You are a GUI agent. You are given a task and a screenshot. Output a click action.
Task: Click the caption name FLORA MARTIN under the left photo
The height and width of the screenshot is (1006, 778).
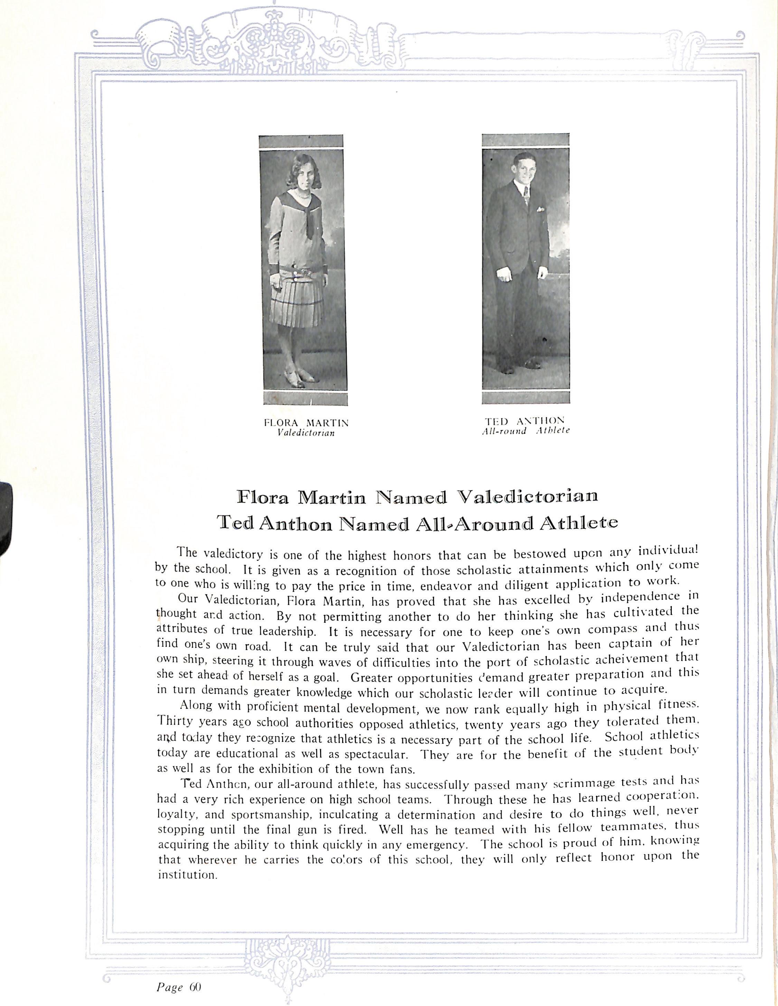[x=306, y=422]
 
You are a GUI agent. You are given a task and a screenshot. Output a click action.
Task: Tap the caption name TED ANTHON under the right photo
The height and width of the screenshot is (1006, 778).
[x=524, y=420]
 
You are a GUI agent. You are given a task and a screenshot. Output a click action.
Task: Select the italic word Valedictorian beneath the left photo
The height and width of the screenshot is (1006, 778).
[x=306, y=433]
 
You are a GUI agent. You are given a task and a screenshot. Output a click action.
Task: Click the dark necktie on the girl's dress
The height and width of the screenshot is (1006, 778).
[x=310, y=223]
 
